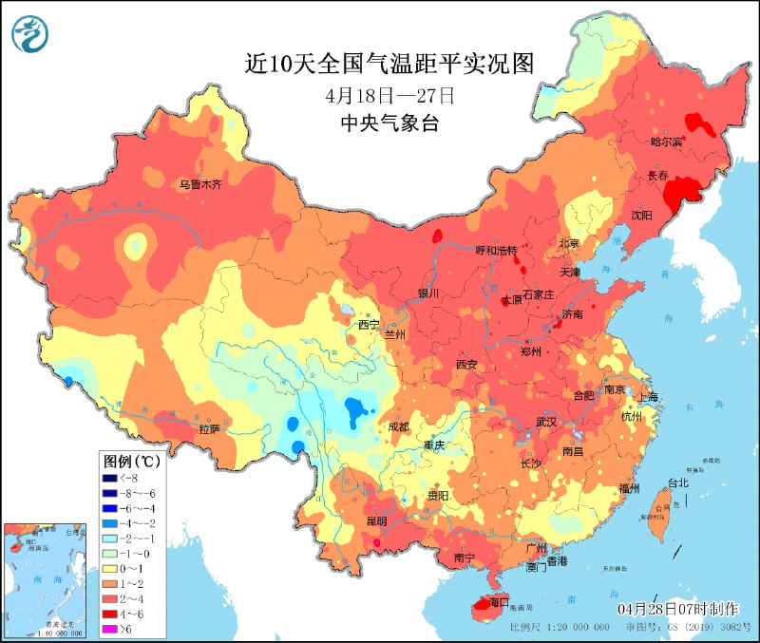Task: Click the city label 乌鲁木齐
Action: [199, 184]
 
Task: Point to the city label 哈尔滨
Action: [666, 142]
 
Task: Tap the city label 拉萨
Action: [209, 428]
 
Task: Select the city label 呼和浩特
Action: [496, 250]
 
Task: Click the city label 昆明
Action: [375, 520]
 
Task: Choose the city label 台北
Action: [677, 482]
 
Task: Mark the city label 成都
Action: [398, 426]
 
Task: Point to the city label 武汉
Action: [545, 421]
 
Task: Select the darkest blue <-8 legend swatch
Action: [111, 478]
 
